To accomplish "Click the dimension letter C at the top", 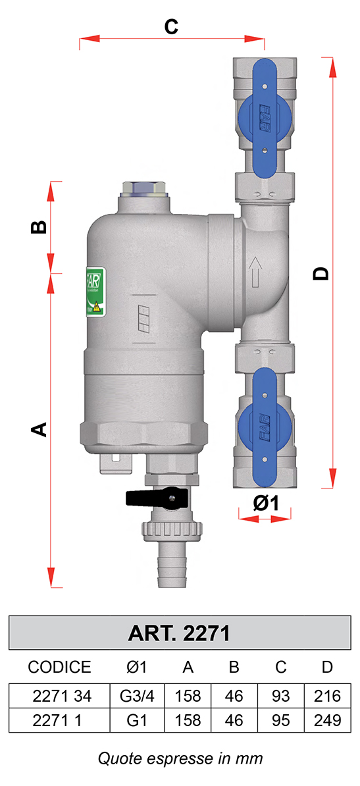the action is click(x=172, y=26).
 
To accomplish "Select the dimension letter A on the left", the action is click(x=39, y=430).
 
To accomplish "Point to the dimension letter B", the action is click(x=39, y=227).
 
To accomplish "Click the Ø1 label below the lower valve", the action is click(x=266, y=503).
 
